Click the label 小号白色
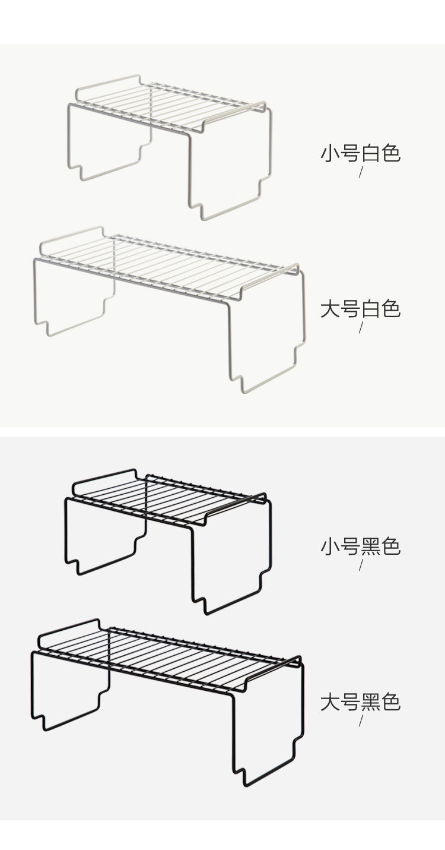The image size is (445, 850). coord(361,153)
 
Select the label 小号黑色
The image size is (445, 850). coord(361,546)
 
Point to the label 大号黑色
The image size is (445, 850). coord(361,702)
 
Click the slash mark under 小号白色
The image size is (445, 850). coord(361,172)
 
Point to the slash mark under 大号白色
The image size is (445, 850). coord(361,327)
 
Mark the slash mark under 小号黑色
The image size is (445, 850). coord(361,565)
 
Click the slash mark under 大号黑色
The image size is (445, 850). coord(361,721)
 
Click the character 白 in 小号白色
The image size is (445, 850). coord(371,153)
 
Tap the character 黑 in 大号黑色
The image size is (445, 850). coord(371,702)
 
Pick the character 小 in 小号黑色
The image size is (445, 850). coord(330,546)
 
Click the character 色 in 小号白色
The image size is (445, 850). coord(391,153)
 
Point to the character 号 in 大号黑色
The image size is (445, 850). coord(350,702)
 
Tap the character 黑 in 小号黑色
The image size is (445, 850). coord(371,546)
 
